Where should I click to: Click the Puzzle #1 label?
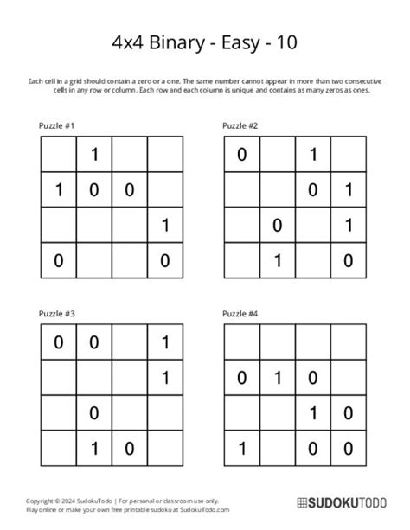[x=57, y=126]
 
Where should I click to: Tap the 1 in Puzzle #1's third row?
[x=162, y=227]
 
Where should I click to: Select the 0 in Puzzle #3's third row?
[x=92, y=412]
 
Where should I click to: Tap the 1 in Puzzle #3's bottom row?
[x=92, y=448]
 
